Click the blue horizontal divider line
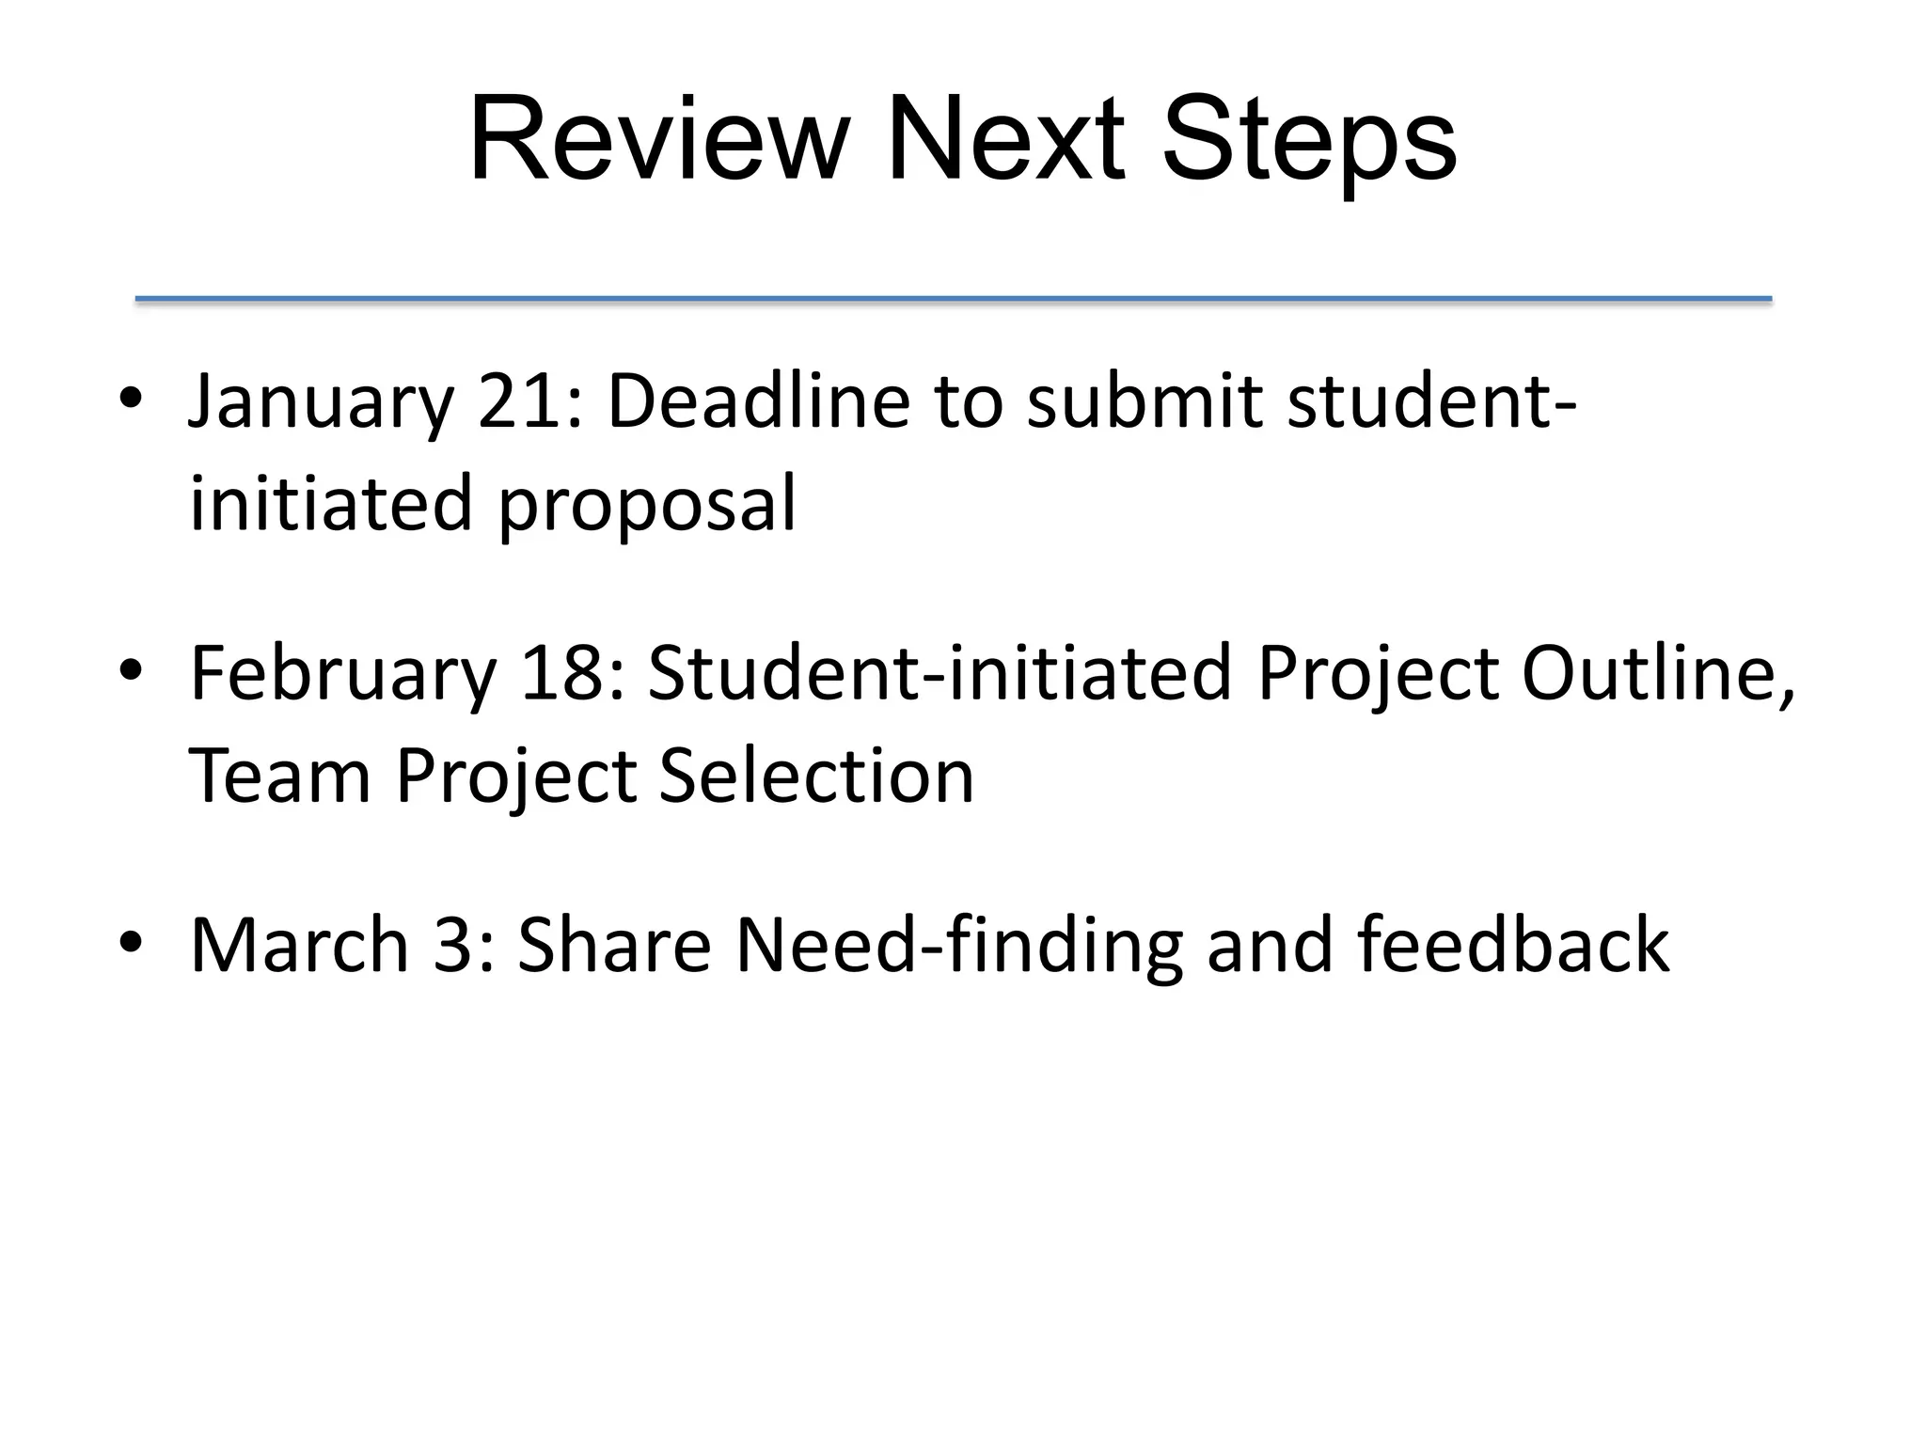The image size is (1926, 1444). (953, 299)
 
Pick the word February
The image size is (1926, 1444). (342, 675)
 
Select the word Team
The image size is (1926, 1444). (279, 776)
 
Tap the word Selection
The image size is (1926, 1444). (816, 776)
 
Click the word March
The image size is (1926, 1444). (299, 945)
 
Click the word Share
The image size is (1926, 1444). (614, 945)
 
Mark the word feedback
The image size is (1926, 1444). (1513, 945)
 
